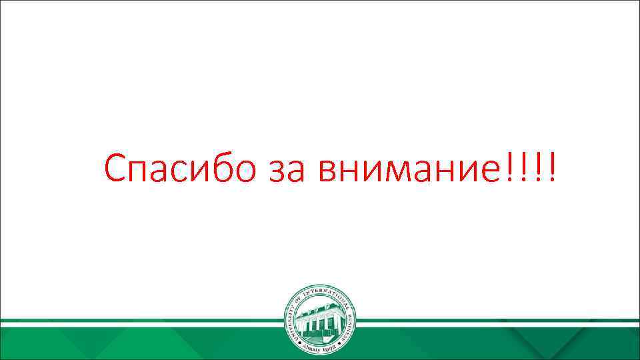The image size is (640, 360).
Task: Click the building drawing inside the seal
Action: [x=320, y=319]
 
